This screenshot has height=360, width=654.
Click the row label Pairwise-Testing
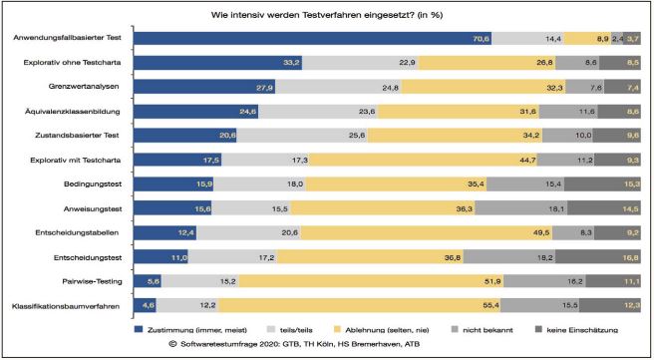click(95, 280)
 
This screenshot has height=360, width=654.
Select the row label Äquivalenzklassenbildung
click(78, 112)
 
